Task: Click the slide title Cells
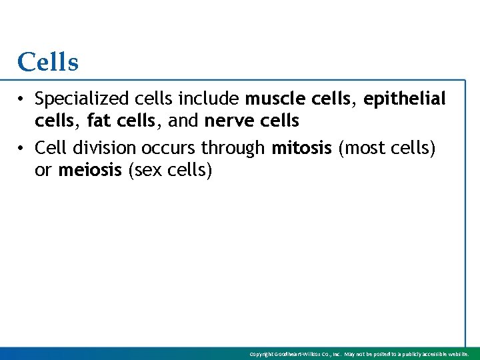[48, 63]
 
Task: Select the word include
[215, 99]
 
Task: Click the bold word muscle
[271, 99]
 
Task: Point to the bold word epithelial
[405, 99]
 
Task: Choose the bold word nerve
[225, 121]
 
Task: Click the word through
[233, 147]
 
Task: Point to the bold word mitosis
[301, 147]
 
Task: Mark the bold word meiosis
[90, 170]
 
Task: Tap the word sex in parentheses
[152, 170]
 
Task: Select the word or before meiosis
[43, 170]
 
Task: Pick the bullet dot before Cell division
[22, 148]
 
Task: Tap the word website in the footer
[459, 355]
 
